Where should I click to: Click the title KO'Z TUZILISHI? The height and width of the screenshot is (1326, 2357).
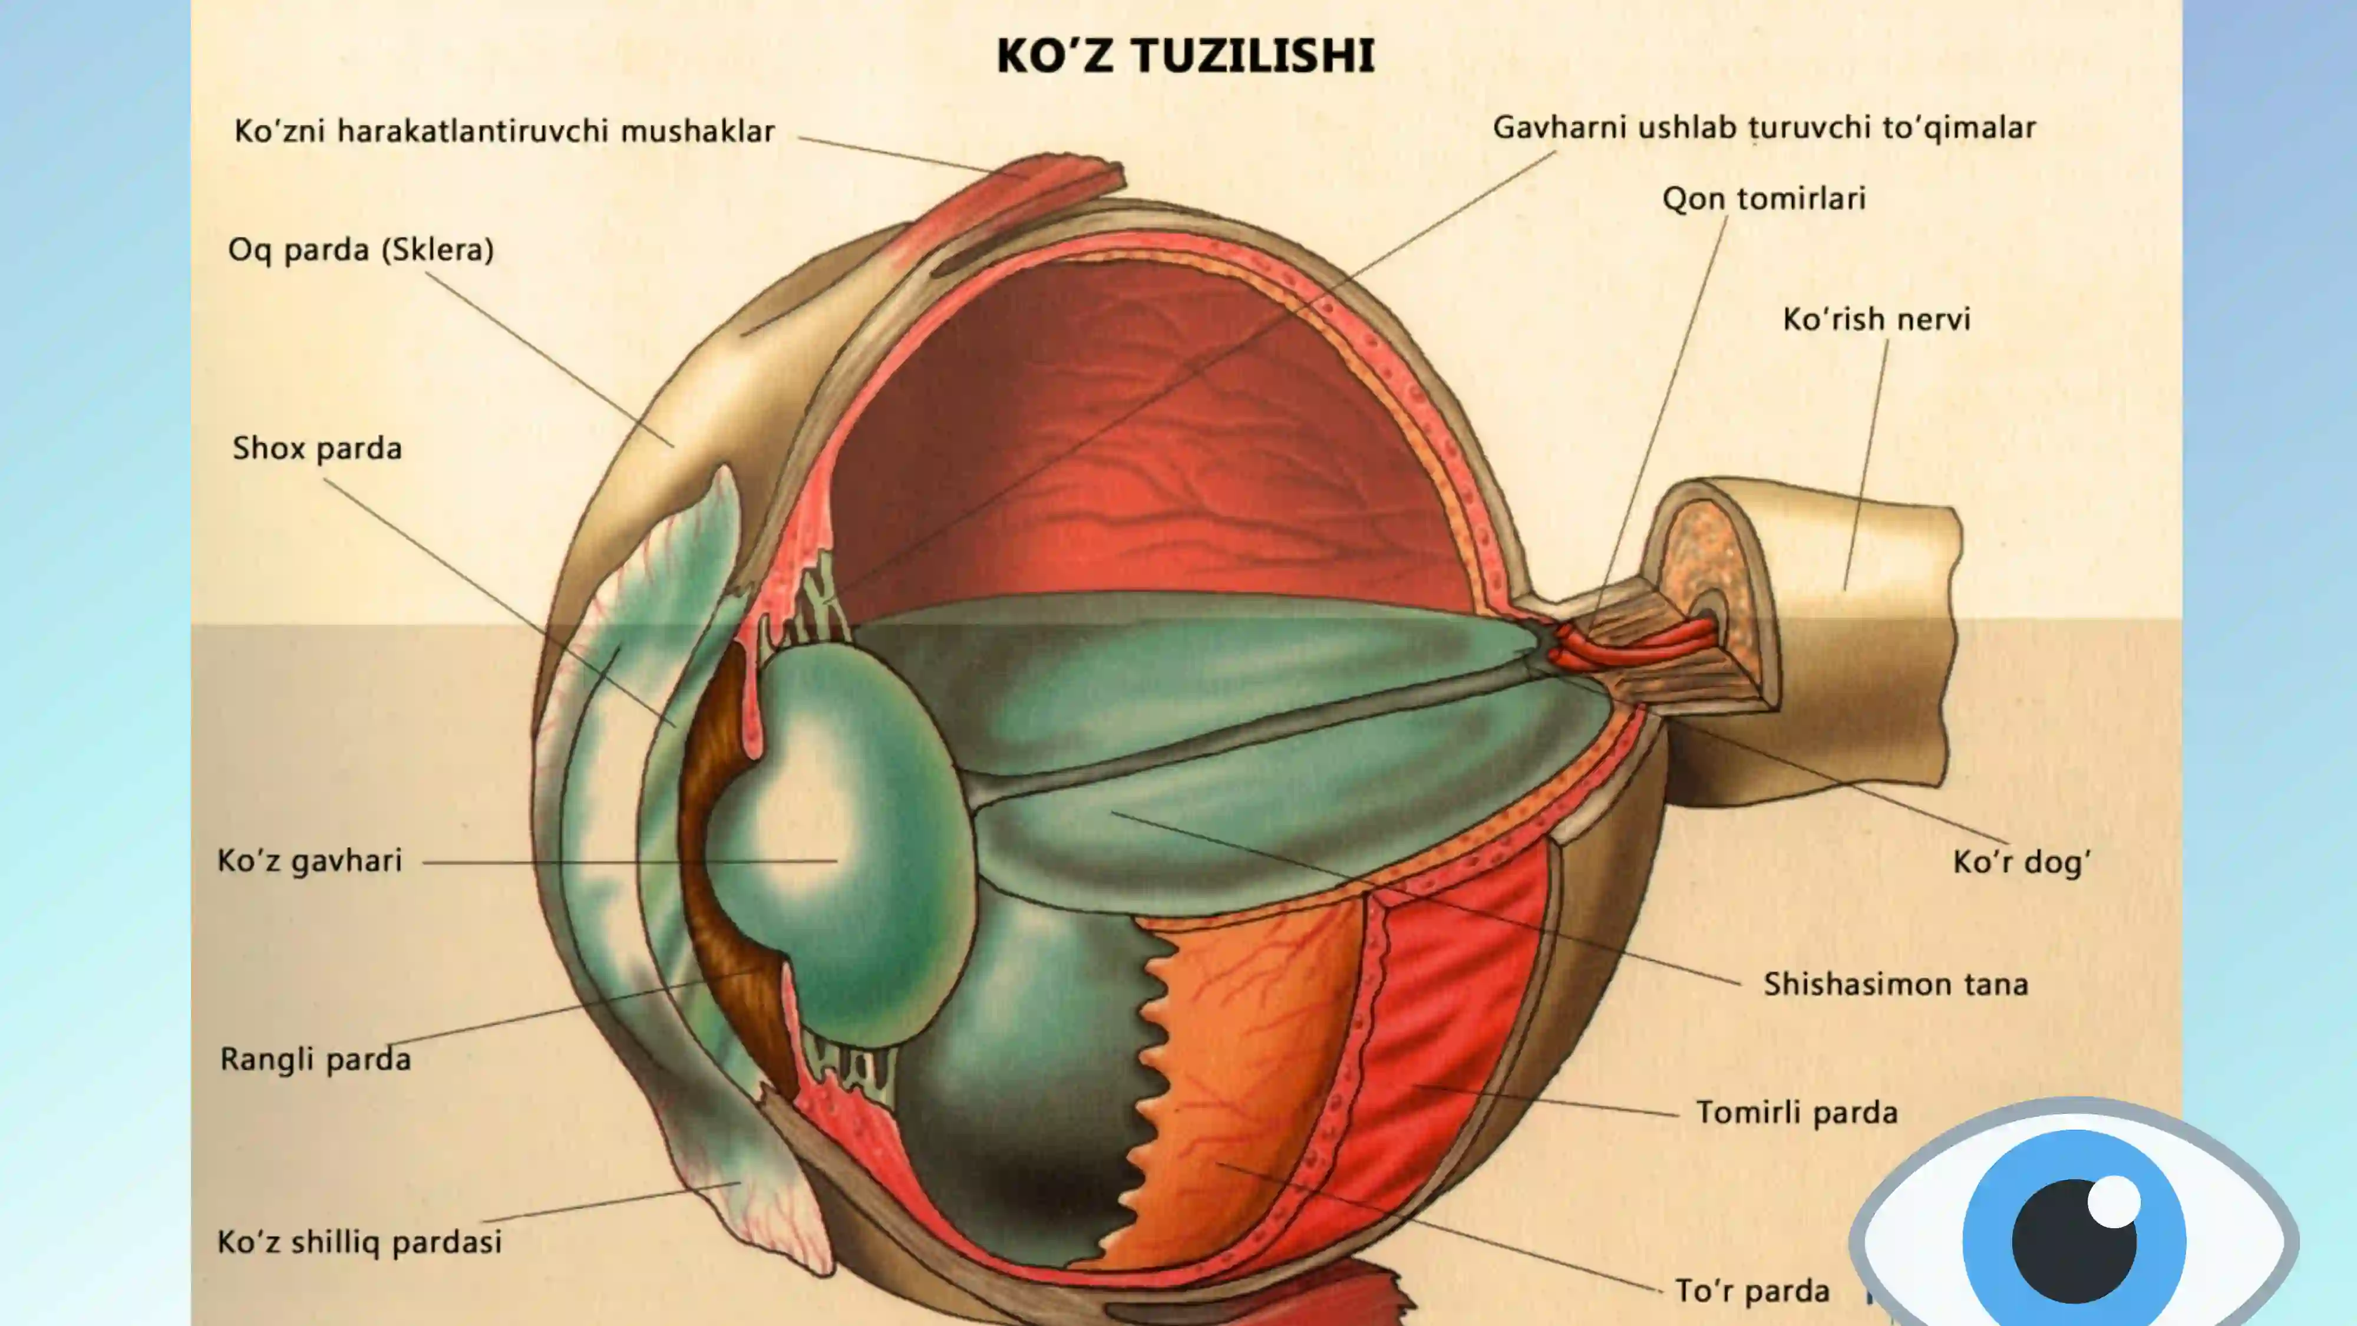[1185, 56]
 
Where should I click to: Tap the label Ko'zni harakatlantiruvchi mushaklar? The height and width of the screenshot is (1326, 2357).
[504, 131]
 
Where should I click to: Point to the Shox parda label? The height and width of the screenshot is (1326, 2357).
[316, 448]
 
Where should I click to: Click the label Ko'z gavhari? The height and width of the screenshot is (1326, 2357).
[309, 861]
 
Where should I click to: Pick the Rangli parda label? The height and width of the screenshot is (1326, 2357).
[316, 1059]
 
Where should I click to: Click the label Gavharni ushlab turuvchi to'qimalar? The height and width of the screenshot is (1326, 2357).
[1764, 128]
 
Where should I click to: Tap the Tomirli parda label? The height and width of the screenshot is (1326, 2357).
[1797, 1113]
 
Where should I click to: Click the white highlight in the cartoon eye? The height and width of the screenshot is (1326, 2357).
[2115, 1200]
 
